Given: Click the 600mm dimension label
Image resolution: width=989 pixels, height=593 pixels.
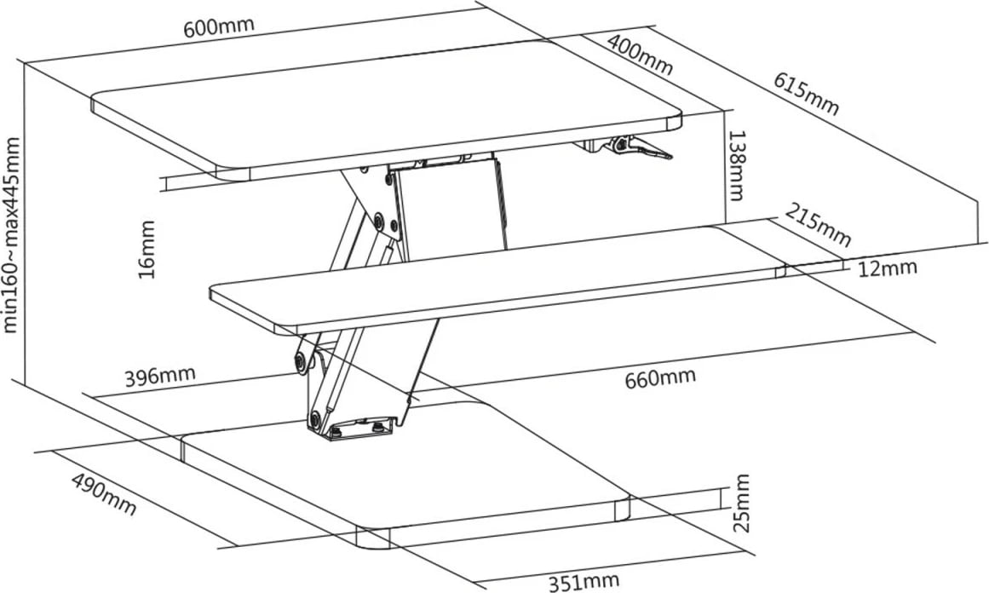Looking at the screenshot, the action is coord(219,26).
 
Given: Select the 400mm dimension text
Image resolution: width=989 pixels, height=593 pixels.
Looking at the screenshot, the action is coord(640,54).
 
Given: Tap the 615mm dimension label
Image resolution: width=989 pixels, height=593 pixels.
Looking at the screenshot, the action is coord(807,94).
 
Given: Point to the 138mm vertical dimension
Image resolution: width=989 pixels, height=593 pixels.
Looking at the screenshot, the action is coord(736,165).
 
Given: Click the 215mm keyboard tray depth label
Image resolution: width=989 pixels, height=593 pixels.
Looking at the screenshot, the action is coord(818,225).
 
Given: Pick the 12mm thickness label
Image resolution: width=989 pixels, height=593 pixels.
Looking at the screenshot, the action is coord(887,268).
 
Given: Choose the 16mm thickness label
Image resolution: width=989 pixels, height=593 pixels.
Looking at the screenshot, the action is coord(147,249).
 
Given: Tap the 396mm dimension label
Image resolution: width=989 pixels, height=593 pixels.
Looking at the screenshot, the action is coord(159,376).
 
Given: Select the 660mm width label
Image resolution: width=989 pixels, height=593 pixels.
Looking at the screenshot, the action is coord(660,378).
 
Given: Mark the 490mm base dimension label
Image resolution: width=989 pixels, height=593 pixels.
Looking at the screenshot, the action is coord(103,494).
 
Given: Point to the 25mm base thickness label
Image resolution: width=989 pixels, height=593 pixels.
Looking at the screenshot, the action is coord(742,503).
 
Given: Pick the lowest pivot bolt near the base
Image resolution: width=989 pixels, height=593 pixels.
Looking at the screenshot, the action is coord(314,417).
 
